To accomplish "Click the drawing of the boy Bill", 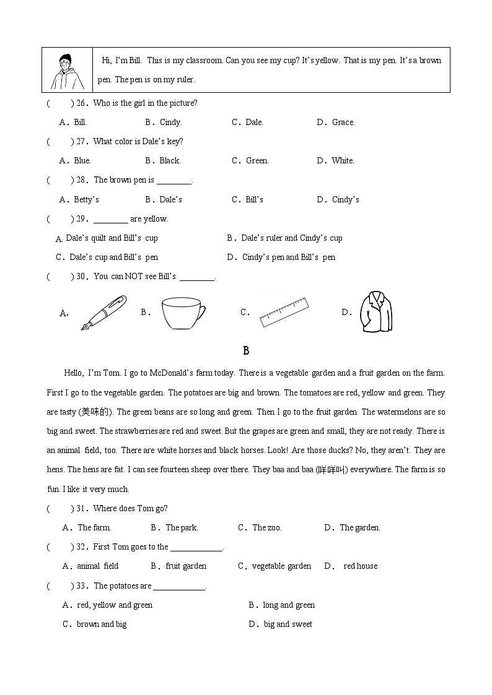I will tap(66, 71).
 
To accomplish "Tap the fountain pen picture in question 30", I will tap(103, 312).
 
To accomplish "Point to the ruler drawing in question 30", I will tap(284, 312).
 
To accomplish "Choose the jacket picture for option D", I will tap(376, 312).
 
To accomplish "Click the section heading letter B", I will tap(246, 351).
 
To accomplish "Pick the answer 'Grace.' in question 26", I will tap(343, 123).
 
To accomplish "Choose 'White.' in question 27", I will tap(343, 161).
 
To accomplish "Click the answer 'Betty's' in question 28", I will tap(87, 199).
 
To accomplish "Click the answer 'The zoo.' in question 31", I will tap(266, 528).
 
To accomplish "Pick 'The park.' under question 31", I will tap(182, 528).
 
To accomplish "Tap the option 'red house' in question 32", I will tap(360, 566).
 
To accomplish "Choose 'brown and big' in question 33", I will tap(102, 624).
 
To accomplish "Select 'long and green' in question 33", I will tap(289, 605).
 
